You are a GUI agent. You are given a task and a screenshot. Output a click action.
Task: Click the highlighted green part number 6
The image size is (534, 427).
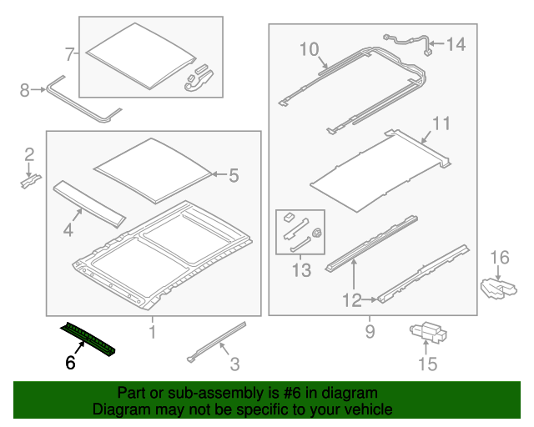tap(88, 340)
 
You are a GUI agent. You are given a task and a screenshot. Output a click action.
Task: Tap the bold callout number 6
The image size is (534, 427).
tap(71, 363)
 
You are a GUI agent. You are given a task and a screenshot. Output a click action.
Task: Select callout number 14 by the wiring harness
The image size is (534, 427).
tap(458, 44)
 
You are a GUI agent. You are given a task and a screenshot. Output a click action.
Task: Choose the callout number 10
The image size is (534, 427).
tap(309, 50)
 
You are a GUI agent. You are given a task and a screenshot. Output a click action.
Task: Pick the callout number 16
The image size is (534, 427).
tap(498, 256)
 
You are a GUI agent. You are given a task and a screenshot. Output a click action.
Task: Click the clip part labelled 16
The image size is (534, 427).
tap(499, 288)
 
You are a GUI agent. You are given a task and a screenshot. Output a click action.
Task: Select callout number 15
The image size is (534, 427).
tap(427, 364)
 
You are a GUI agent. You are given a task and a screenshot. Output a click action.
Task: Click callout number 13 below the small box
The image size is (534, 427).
tap(301, 270)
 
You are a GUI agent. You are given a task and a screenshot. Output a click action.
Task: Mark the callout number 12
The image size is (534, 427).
tap(351, 299)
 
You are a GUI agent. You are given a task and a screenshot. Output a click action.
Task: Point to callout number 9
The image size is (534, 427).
tap(370, 333)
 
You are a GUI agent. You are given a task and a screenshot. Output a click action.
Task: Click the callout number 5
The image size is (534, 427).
tap(233, 175)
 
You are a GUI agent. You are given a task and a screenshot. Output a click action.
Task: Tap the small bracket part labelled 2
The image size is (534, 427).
tap(30, 178)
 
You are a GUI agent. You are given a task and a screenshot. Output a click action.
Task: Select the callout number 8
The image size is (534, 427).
tap(24, 88)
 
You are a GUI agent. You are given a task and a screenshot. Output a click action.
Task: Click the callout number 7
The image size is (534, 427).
tap(70, 55)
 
